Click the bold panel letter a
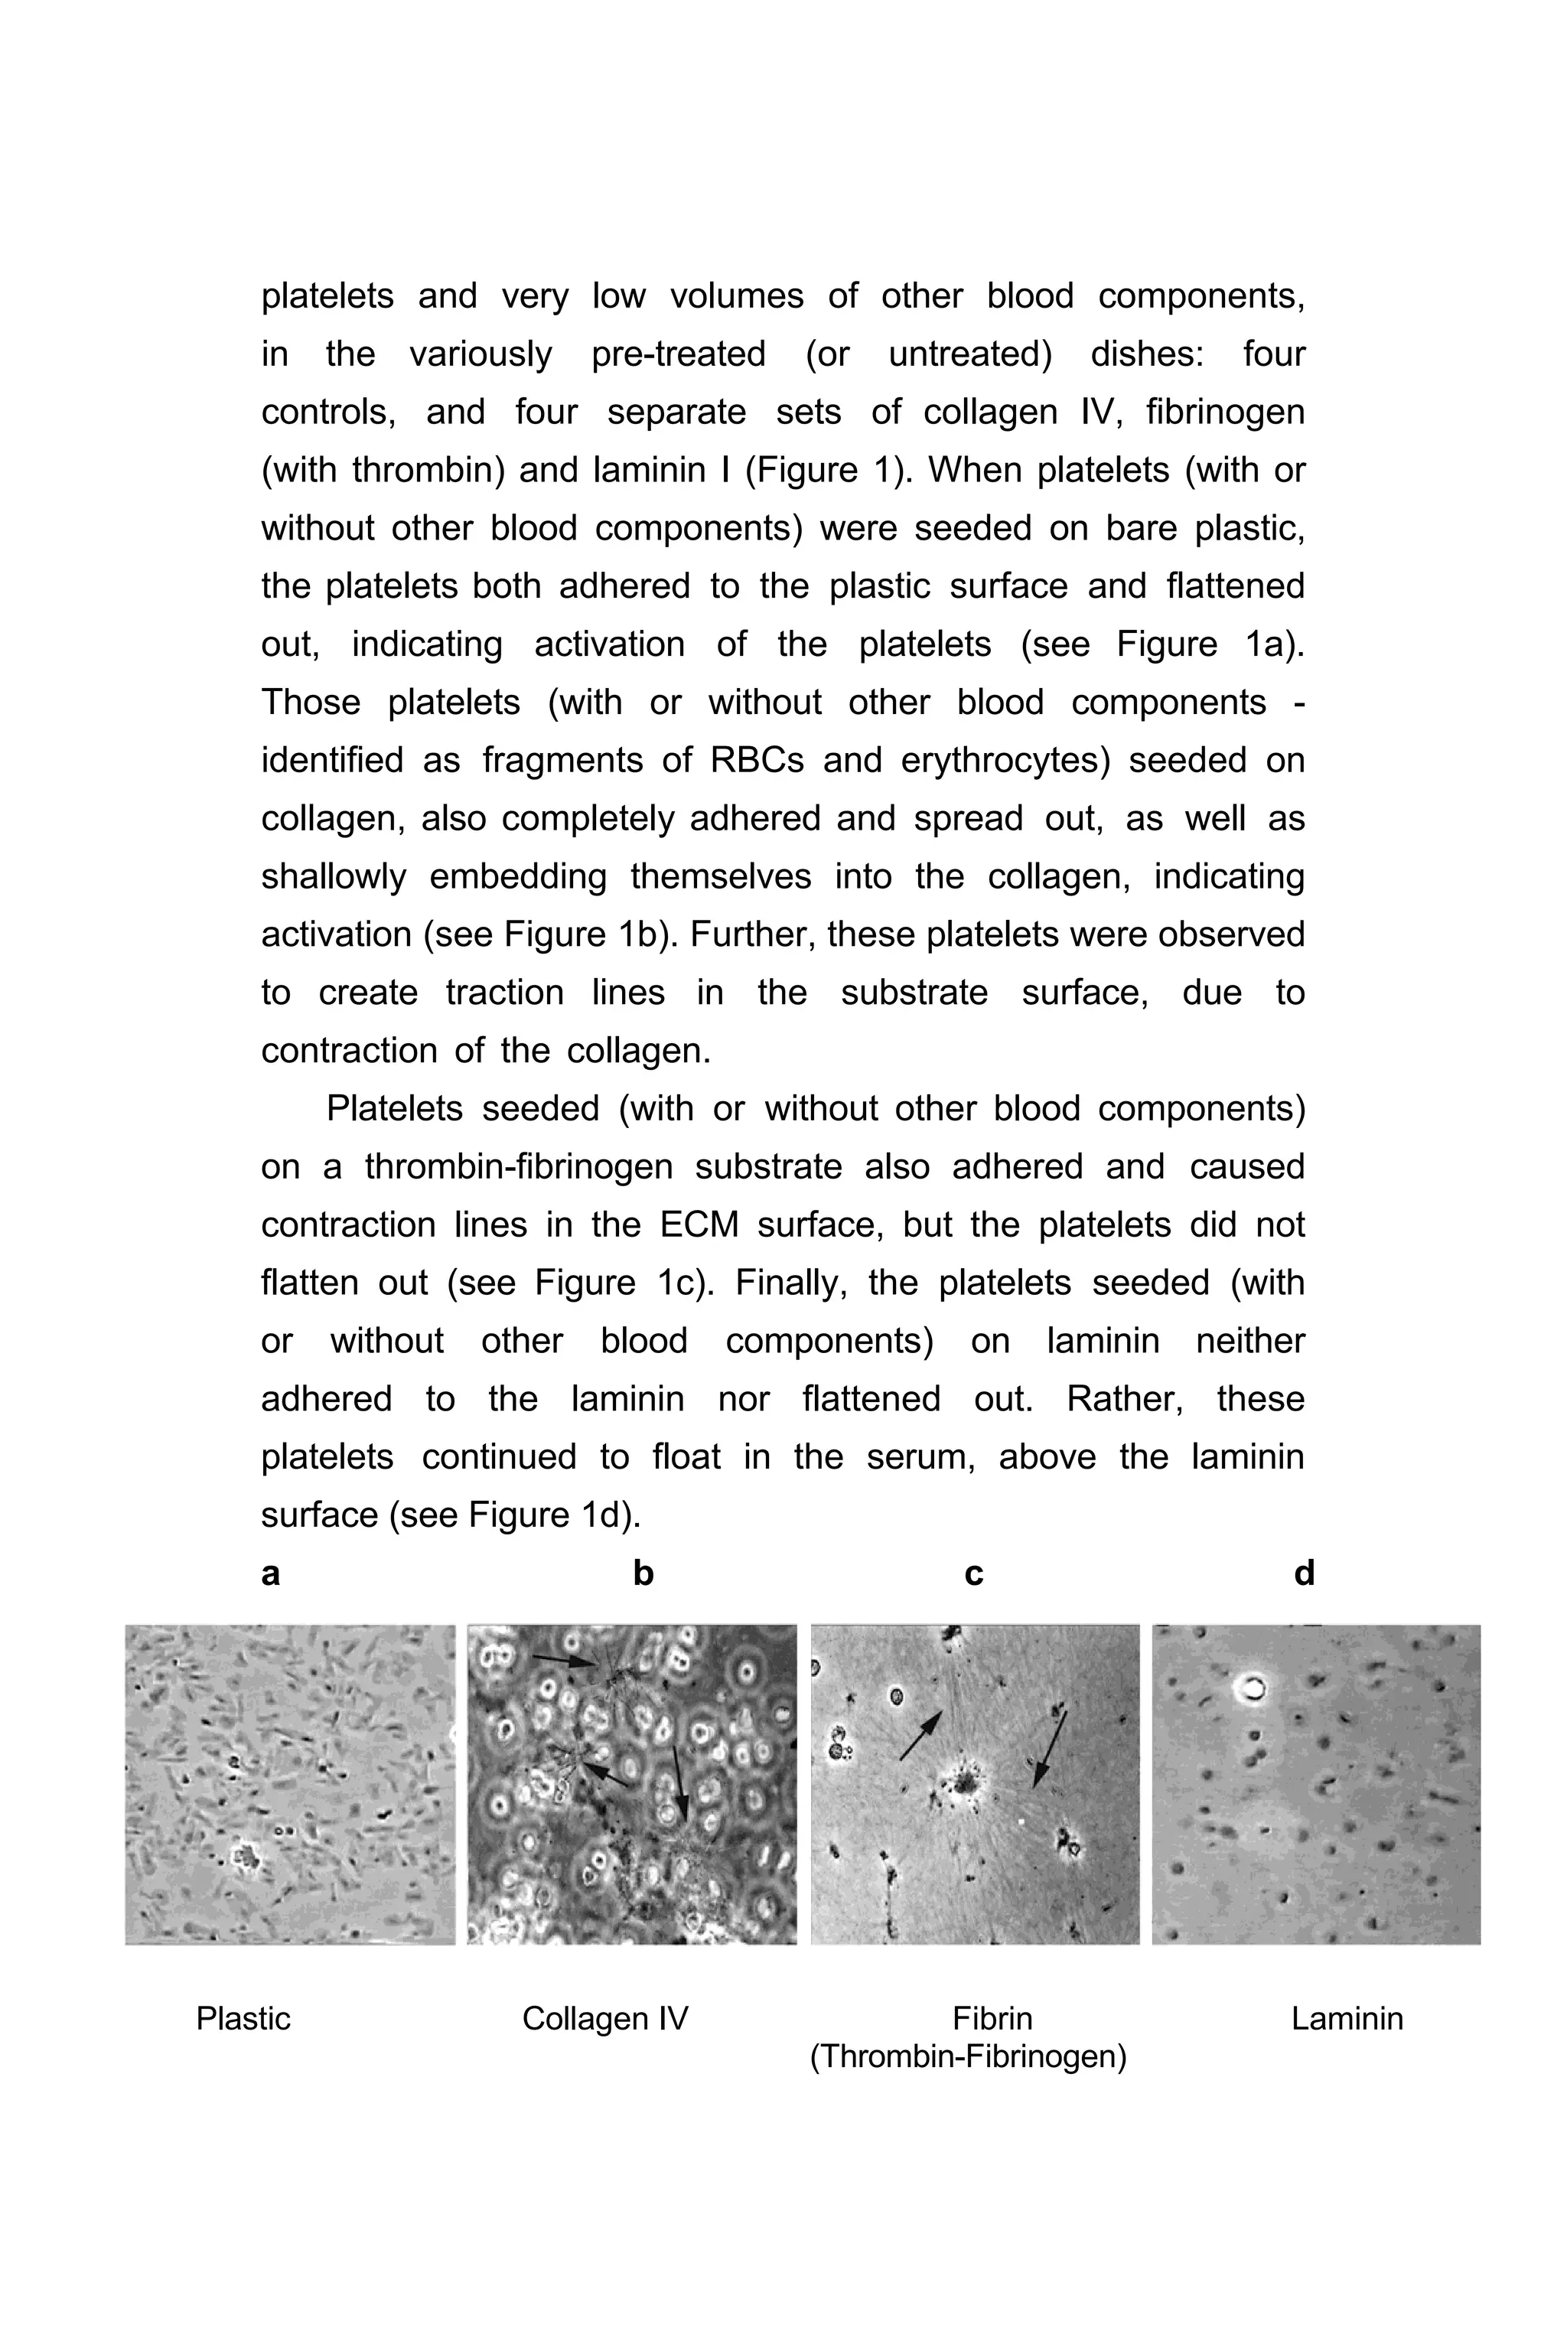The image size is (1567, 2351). pos(270,1573)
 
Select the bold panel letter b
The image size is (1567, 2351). pos(643,1573)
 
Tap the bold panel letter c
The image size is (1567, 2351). pos(973,1573)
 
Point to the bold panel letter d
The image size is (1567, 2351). pos(1303,1573)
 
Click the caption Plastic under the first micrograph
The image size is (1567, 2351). pos(243,2018)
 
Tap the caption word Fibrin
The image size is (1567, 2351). pos(992,2018)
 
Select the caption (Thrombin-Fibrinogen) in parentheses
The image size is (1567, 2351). pos(967,2056)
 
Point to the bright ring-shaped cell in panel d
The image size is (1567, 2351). pos(1250,1689)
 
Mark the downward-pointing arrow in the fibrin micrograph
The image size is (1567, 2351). pos(1049,1747)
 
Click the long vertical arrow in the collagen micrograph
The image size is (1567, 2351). pos(679,1780)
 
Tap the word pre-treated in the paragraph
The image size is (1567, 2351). pos(678,354)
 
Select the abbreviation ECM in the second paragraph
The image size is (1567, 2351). pos(699,1224)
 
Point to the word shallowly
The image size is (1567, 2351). pos(334,876)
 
